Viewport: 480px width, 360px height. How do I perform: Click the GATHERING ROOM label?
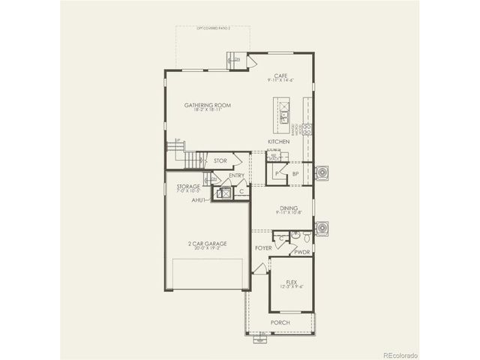coord(207,106)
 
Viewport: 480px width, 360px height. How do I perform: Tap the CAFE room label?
coord(281,76)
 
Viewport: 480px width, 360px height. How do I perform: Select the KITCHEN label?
coord(279,142)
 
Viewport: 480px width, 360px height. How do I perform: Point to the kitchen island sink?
coord(285,116)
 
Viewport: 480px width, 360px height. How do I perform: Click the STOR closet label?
coord(220,161)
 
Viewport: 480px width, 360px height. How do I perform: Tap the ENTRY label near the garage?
coord(236,175)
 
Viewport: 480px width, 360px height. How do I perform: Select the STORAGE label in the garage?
coord(188,185)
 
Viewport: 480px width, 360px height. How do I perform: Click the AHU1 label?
coord(199,200)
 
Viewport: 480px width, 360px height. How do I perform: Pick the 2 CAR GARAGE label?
coord(208,244)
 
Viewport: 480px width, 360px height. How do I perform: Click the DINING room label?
coord(289,208)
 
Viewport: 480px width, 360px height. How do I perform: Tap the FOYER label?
coord(262,247)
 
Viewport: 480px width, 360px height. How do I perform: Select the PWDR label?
coord(302,253)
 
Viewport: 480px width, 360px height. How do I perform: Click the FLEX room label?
coord(292,281)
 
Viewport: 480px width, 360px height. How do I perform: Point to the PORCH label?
coord(280,322)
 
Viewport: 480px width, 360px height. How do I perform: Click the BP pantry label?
coord(296,173)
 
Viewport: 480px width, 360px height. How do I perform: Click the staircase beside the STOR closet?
coord(195,160)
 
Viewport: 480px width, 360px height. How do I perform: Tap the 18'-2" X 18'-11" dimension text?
coord(207,112)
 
